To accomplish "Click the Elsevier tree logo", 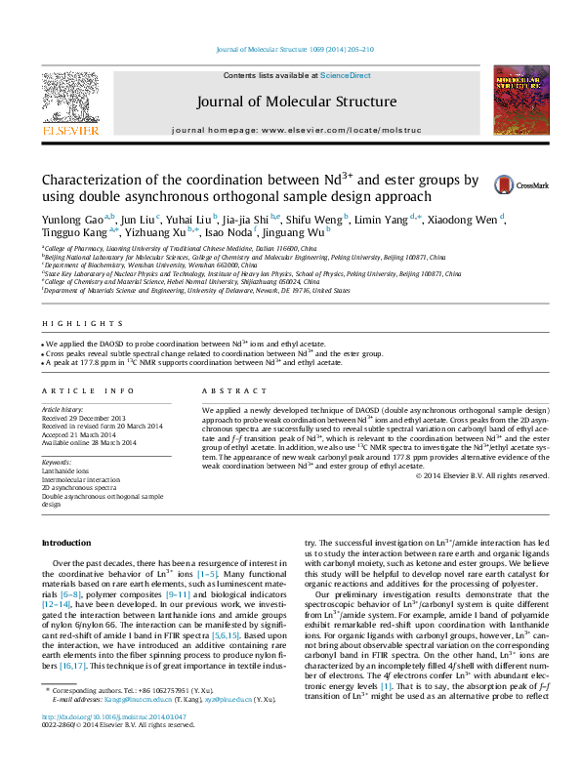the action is [69, 98].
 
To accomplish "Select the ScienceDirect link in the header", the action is [345, 75].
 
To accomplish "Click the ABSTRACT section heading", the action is [222, 390].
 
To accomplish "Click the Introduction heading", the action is [66, 543].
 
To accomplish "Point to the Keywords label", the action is [57, 462].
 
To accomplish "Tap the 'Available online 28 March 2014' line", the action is [89, 443].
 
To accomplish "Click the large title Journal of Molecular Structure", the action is [296, 102].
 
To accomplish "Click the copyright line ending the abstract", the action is [482, 475].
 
